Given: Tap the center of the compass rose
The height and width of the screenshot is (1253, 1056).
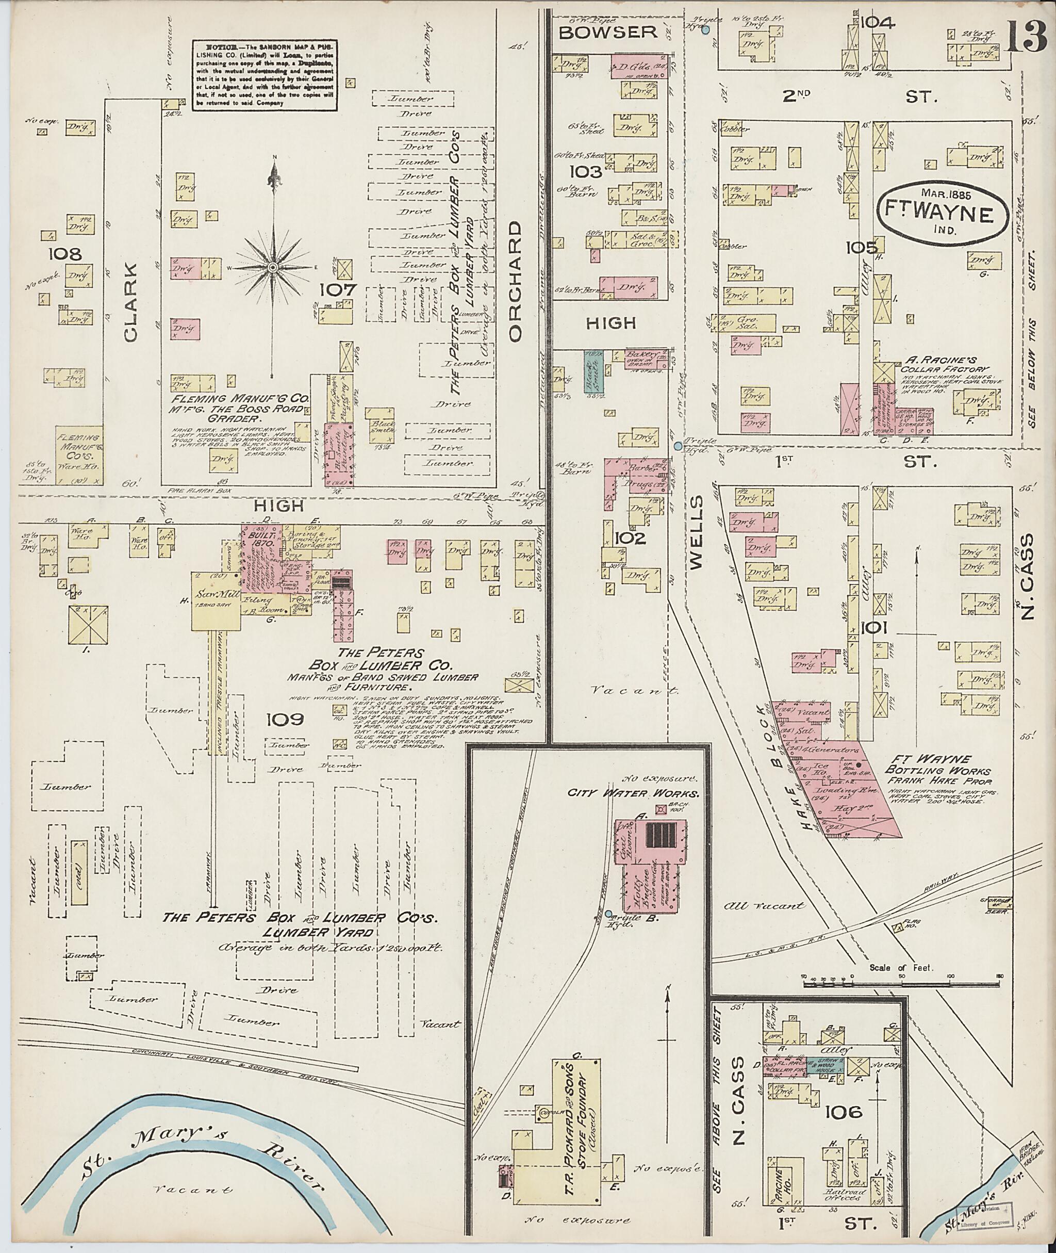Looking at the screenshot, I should click(273, 267).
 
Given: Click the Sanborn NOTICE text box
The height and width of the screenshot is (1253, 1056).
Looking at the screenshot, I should click(263, 75).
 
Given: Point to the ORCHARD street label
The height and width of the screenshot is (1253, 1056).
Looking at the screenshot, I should click(516, 282).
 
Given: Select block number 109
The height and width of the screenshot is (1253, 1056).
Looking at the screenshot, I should click(285, 719).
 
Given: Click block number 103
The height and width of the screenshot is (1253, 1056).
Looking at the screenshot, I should click(585, 172).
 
